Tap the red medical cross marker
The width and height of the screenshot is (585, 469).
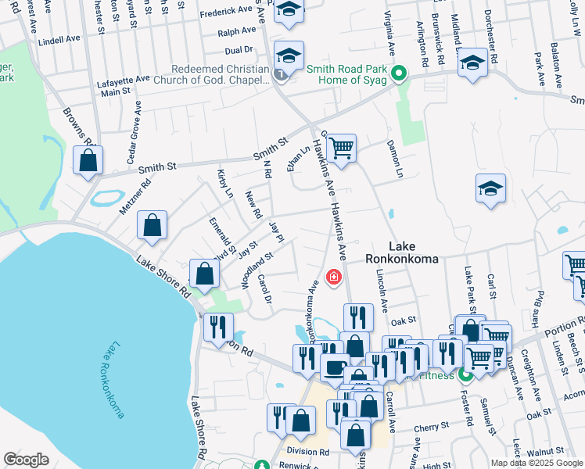[333, 277]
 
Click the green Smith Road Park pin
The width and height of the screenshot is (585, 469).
[399, 74]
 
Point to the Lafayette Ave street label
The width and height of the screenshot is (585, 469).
[123, 79]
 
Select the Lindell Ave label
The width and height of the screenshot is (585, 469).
[59, 39]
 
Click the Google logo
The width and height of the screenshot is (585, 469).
[26, 460]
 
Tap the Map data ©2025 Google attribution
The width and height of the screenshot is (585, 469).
[537, 463]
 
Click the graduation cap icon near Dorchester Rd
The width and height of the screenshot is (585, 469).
[473, 62]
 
